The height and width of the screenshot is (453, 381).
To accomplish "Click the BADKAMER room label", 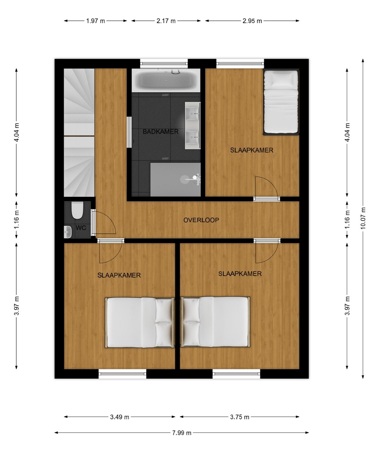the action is coord(160,132).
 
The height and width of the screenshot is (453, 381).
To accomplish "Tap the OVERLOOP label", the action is coord(201,220).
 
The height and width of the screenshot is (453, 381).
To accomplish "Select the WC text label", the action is coord(81,228).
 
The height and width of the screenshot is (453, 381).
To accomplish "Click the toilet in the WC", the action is coord(77,210).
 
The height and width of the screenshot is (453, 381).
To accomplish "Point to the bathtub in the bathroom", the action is coord(166,80).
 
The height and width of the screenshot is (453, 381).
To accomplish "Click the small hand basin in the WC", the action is coord(68,232).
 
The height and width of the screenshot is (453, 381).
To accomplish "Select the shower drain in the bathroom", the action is coord(185,179).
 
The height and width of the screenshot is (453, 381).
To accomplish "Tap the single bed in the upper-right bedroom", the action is coord(281,102).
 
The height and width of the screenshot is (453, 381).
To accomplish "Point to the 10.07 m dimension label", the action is coord(363,218).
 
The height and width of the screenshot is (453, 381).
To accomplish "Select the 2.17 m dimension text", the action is coord(166,21).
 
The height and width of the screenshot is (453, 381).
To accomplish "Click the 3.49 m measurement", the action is coord(120,417).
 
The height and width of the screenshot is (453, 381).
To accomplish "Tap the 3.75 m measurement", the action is coord(240,417).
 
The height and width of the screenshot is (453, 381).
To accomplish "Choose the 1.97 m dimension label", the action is coord(95,21).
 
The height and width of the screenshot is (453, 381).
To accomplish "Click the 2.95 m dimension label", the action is coord(252,21).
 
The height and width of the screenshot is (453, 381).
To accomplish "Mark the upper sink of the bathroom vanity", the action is coord(193,112).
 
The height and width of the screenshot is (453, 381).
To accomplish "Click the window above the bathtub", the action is coord(164,63).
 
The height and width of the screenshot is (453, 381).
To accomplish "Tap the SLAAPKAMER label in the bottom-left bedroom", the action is coord(119,275).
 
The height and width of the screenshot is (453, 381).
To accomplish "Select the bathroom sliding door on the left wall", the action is coord(129,132).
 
